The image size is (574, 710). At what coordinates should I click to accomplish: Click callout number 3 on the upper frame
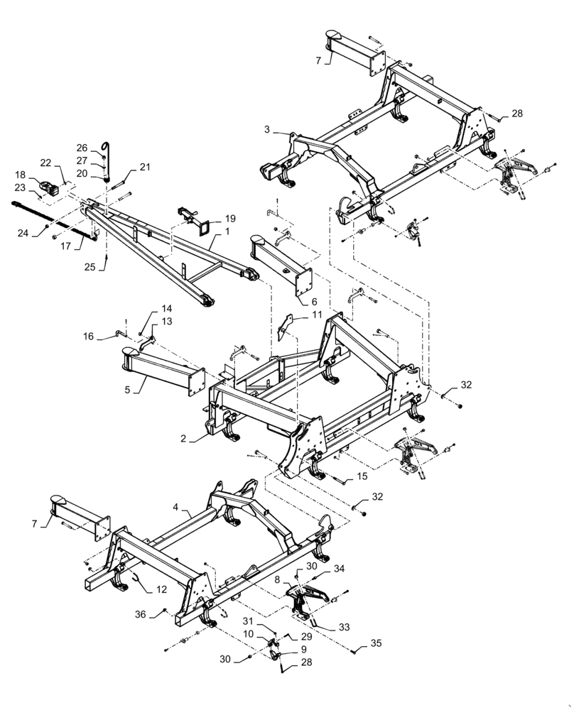[266, 129]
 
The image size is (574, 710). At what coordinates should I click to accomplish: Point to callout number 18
[20, 175]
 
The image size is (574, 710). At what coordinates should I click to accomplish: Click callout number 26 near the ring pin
[82, 148]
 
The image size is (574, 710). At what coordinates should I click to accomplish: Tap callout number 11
[316, 313]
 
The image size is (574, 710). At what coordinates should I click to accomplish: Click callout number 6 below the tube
[314, 302]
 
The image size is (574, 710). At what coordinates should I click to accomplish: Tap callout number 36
[139, 614]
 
